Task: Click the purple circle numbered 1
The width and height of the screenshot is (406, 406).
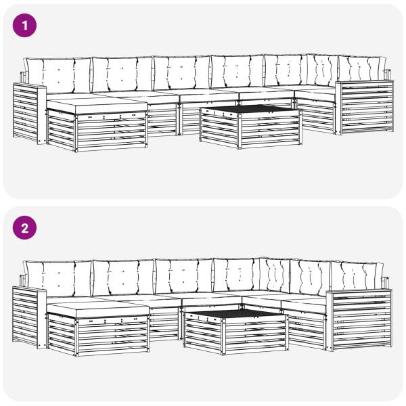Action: coord(24,26)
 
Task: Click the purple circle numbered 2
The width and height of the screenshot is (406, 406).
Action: coord(24,228)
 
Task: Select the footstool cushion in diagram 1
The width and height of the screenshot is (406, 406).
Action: coord(97,104)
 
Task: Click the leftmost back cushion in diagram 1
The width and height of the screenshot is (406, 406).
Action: coord(58,75)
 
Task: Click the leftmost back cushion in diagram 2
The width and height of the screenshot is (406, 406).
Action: coord(58,279)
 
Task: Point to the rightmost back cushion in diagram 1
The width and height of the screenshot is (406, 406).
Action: coord(362,68)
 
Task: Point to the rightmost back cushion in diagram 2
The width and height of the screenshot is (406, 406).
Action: coord(357,277)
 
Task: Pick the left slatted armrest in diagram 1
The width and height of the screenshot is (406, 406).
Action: coord(29,113)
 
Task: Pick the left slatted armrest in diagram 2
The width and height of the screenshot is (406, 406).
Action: coord(29,317)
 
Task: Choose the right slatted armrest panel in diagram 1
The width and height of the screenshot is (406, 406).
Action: coord(367,108)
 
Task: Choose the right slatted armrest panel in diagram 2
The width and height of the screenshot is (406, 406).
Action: coord(362,320)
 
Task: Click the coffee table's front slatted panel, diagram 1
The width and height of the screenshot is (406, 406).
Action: coord(270,129)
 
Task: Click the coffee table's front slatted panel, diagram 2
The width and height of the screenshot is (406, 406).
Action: coord(256,334)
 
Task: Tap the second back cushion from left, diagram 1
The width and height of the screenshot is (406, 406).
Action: coord(122,74)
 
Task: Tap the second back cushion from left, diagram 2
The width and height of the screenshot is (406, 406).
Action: coord(123,278)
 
